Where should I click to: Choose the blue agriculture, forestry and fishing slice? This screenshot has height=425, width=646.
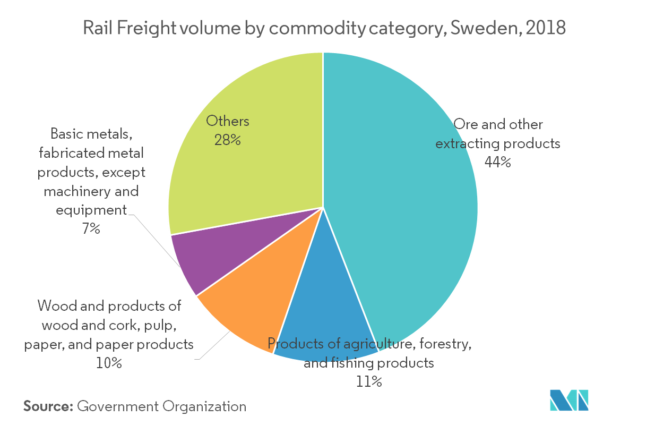coord(324,319)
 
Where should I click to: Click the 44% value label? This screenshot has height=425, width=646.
coord(497,163)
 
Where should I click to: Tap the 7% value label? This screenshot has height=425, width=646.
coord(91,229)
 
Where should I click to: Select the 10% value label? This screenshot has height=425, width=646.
coord(109,364)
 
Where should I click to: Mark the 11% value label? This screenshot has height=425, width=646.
coord(369,381)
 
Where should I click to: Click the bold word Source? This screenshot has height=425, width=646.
coord(47,407)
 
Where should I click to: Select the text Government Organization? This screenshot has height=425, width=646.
coord(162,407)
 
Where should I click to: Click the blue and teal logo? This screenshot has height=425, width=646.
coord(569,400)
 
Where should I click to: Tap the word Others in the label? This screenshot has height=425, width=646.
coord(228,121)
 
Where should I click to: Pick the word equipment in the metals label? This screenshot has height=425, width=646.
coord(91,210)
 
